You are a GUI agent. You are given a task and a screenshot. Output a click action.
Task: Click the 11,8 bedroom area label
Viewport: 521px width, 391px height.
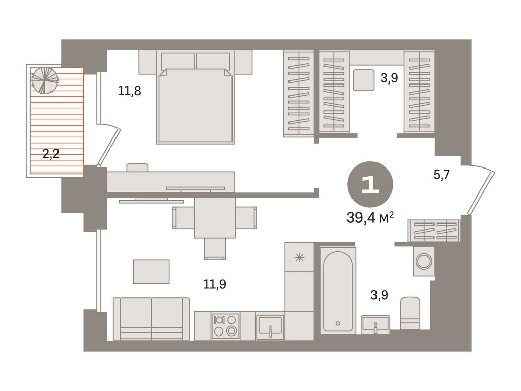tap(129, 91)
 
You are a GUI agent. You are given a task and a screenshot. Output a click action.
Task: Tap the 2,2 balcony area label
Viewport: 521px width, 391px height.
tap(51, 154)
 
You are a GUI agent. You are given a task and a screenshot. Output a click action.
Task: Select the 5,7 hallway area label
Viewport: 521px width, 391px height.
tap(441, 174)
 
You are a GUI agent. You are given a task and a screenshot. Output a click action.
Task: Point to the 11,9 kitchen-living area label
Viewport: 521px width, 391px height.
tap(215, 284)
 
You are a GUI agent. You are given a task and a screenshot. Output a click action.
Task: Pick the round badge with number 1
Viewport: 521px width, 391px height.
tap(370, 184)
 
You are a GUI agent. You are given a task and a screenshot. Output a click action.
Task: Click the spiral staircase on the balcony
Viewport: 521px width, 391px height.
tap(45, 80)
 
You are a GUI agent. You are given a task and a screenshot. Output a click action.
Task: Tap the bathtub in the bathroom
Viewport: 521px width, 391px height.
tap(338, 290)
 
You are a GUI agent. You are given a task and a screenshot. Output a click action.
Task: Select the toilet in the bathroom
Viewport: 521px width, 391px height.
tap(410, 313)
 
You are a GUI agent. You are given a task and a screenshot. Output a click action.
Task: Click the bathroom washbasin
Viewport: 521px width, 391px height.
tap(375, 324)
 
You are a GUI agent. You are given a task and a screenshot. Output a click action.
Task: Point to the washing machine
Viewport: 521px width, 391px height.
tap(424, 262)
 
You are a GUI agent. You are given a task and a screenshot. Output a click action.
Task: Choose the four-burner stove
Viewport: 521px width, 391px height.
tap(225, 325)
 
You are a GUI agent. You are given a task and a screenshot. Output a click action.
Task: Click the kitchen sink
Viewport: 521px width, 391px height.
tap(270, 326)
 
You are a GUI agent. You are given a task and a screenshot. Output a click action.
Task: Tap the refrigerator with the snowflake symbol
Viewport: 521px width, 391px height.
tap(299, 257)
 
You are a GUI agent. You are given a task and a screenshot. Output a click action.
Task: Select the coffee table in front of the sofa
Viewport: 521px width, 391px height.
tap(152, 272)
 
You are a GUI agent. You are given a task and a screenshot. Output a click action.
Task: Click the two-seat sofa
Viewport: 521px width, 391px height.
tap(152, 319)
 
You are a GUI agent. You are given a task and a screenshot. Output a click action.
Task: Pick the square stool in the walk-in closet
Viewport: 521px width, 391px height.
tap(364, 80)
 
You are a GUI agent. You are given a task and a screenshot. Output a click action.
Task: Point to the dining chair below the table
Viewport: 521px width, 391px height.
tap(215, 248)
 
